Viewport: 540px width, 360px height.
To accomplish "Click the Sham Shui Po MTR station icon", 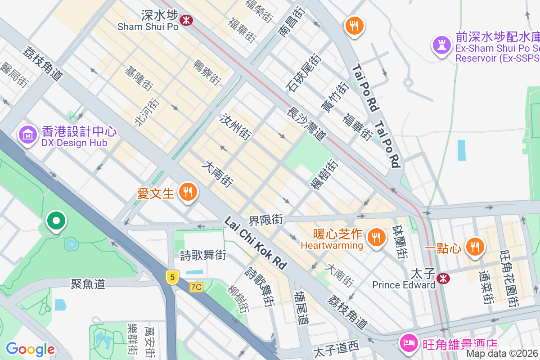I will pos(186,20).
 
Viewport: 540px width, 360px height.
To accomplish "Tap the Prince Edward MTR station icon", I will pos(443,279).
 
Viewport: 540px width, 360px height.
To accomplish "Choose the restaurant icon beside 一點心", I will pos(474,246).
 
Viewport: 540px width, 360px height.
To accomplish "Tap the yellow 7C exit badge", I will pos(196,287).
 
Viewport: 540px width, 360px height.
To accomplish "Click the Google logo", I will pos(30,349).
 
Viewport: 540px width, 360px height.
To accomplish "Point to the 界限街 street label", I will pos(266,220).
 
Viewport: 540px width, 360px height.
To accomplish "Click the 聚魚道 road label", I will pos(88,283).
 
